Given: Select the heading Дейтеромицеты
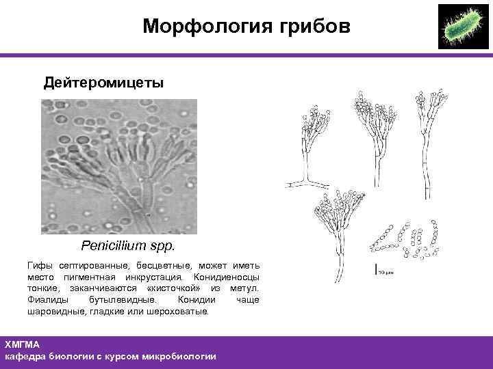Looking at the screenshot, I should point(103,83).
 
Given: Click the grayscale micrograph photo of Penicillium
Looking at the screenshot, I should point(118,167).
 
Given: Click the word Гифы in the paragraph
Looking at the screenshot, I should point(39,265).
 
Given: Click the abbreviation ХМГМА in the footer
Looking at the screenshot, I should point(22,344).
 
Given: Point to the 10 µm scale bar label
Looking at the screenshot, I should point(385,273).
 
